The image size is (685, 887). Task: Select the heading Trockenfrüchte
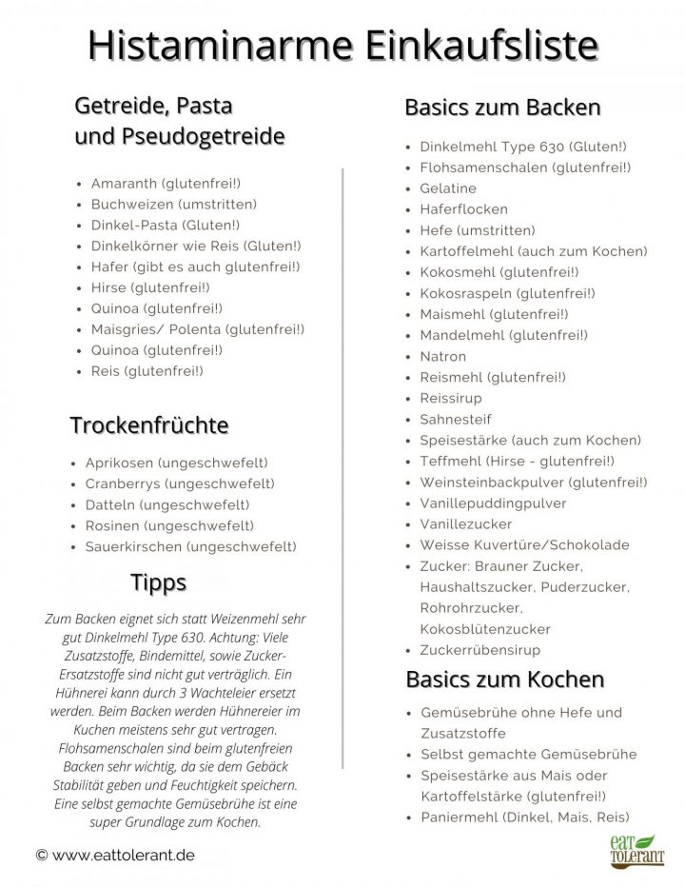pos(149,424)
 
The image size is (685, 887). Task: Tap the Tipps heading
pos(158,581)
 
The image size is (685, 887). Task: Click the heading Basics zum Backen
pos(502,107)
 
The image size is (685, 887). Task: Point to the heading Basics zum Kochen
pos(504,680)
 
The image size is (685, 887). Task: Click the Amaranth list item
pos(166,183)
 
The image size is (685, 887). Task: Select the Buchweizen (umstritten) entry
pos(173,204)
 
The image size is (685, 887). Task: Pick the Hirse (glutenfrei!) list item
pos(149,286)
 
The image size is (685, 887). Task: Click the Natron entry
pos(442,356)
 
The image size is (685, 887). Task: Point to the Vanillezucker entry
pos(465,524)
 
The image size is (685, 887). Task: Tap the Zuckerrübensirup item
pos(479,650)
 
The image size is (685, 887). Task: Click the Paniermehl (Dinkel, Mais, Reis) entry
pos(524,817)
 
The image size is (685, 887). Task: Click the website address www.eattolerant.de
pos(115,856)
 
